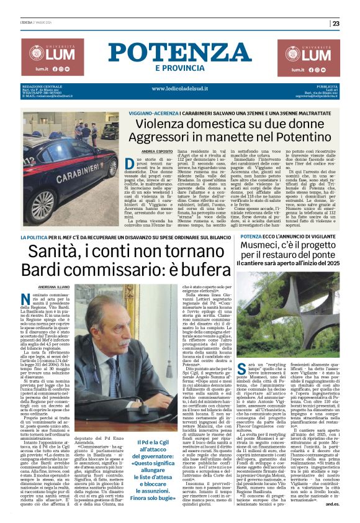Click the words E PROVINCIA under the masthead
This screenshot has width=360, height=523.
point(181,68)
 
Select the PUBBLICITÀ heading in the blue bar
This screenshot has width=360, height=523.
point(326,86)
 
